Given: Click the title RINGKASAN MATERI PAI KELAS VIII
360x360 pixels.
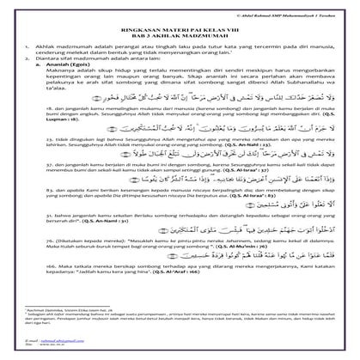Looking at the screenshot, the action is pyautogui.click(x=180, y=27).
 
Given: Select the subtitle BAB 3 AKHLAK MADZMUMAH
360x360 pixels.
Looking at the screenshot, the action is pyautogui.click(x=180, y=34).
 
